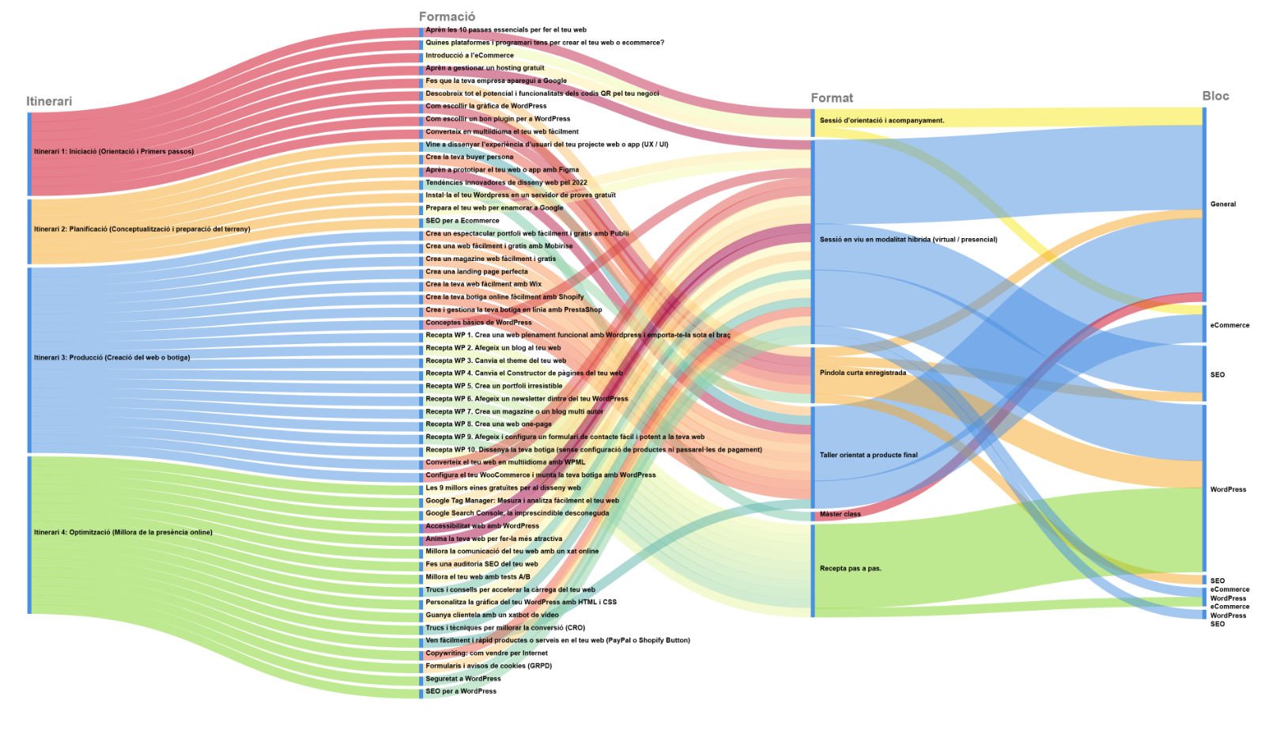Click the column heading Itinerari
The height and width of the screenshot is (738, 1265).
[49, 101]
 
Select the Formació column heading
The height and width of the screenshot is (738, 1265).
[447, 17]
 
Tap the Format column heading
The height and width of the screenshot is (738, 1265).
[832, 98]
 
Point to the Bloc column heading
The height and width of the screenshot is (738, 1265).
[1215, 96]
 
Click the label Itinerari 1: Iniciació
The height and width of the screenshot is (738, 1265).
[114, 151]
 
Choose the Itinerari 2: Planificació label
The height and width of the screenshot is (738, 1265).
[142, 229]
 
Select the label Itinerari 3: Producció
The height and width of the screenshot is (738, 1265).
[111, 358]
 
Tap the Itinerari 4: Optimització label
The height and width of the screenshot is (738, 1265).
[123, 532]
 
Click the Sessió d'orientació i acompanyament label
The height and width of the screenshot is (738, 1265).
[882, 121]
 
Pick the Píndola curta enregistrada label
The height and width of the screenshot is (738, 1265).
[863, 373]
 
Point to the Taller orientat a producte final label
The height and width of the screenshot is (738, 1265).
[868, 455]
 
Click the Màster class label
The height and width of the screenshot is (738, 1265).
[840, 514]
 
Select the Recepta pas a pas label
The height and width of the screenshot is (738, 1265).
[850, 568]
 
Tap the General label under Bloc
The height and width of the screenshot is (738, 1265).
[1222, 204]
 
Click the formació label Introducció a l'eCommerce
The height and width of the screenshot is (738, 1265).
[470, 55]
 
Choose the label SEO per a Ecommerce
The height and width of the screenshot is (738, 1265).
[463, 221]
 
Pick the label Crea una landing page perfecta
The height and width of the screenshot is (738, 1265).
[477, 271]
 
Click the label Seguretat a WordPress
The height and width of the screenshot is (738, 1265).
[463, 679]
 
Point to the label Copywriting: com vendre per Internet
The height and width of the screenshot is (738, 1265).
[486, 653]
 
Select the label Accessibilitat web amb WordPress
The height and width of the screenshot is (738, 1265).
[482, 526]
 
